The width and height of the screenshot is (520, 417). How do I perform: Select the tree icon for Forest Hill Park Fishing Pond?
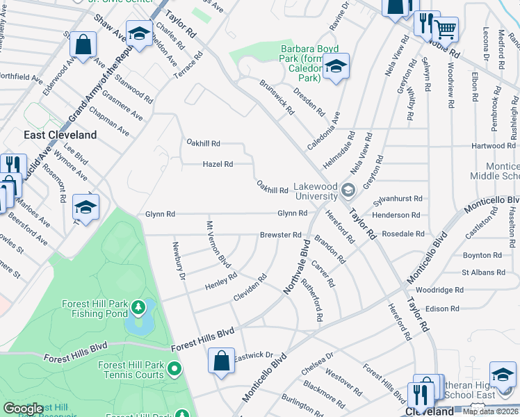coord(139,306)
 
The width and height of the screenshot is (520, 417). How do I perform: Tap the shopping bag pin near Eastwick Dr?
coord(221,361)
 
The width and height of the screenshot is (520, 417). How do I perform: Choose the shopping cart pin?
coord(446,30)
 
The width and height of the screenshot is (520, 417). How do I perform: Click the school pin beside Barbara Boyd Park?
coord(336,66)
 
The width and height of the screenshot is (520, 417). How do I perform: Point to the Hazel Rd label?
coord(217,164)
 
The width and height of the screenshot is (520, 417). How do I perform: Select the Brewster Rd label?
coord(280,235)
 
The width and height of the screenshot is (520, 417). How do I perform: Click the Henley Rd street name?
coord(221,286)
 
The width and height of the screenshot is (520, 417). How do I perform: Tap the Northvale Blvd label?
coord(295,266)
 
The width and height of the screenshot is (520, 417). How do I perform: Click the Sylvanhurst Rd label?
coord(398,198)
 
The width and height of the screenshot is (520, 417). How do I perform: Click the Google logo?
coord(23,408)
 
